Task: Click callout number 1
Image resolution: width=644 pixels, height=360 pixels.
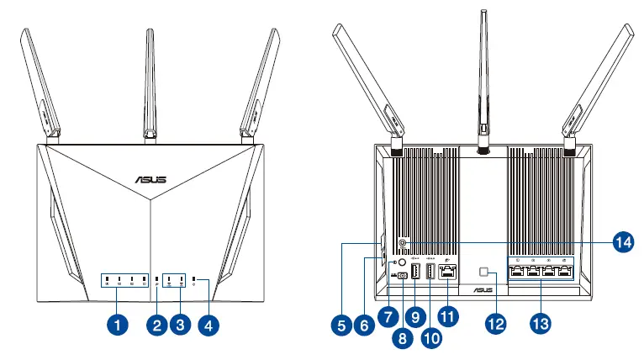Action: click(119, 322)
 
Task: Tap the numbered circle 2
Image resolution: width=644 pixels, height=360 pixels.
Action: click(153, 322)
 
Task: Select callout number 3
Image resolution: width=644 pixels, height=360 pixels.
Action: click(177, 322)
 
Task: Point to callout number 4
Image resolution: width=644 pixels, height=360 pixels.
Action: click(209, 322)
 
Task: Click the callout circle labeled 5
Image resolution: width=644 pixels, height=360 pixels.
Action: click(339, 323)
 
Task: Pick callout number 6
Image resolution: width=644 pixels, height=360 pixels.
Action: click(362, 323)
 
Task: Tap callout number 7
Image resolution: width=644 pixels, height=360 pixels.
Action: click(387, 316)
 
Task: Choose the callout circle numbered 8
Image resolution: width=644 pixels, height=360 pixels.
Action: click(401, 339)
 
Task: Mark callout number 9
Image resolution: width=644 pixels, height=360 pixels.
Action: click(414, 316)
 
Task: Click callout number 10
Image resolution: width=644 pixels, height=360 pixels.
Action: click(430, 339)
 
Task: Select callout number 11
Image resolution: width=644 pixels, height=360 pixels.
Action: click(449, 316)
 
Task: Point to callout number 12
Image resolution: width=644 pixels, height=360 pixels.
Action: click(494, 323)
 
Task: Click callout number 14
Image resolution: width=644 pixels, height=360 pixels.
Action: click(621, 242)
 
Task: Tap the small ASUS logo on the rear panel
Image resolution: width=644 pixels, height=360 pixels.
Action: click(456, 290)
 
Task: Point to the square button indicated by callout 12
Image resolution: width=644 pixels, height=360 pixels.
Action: click(485, 272)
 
